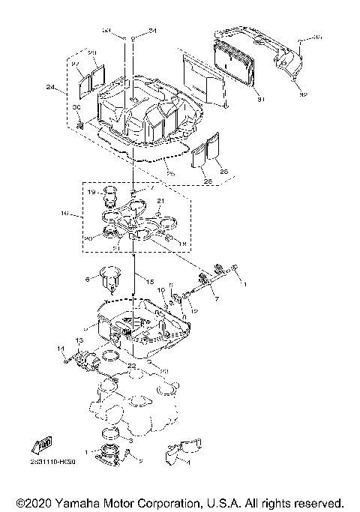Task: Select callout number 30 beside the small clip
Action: [x=76, y=107]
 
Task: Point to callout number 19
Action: [x=91, y=193]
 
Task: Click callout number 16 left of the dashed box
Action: [x=64, y=214]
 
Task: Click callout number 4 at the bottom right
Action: [x=188, y=463]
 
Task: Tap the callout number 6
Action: [x=87, y=278]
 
